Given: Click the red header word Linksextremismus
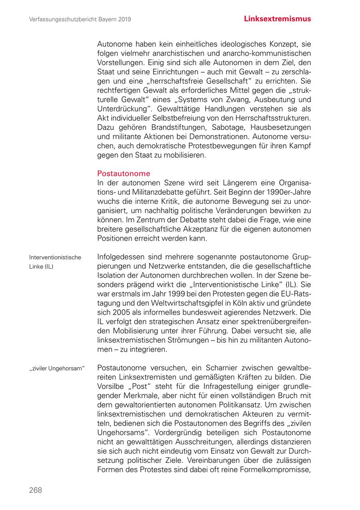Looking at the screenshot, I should coord(277,19).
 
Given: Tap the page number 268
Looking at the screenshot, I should coord(35,490).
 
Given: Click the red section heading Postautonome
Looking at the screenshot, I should coord(124,173).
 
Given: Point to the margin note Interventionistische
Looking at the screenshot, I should coord(55,257).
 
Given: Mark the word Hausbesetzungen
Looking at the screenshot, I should coord(281,127).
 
